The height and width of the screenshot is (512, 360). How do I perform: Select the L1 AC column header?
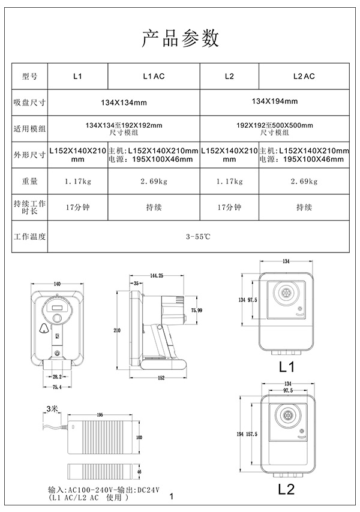point(154,77)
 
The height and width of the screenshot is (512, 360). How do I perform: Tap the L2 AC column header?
point(304,77)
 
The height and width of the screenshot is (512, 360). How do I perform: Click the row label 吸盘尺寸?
point(30,103)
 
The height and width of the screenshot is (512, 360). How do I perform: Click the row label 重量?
point(30,180)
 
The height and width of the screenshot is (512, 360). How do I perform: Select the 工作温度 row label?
point(30,237)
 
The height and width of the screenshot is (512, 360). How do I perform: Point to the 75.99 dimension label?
point(197,310)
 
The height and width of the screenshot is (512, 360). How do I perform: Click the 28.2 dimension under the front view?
point(57,376)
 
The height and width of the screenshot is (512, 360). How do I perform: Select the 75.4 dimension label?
point(57,387)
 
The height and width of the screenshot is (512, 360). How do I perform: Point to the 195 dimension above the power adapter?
point(100,414)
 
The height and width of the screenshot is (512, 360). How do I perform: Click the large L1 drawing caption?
point(286,366)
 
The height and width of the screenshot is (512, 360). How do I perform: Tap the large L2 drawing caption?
point(286,489)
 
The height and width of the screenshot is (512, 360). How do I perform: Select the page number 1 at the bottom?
point(172,496)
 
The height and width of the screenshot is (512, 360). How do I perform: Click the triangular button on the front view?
point(43,328)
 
